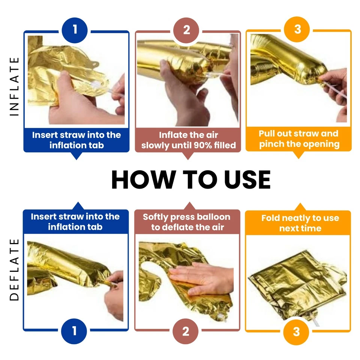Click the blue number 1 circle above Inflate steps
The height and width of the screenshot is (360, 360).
[x=75, y=30]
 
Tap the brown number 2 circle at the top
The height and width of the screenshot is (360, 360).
[x=186, y=30]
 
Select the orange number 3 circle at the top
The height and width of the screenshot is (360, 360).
[x=297, y=29]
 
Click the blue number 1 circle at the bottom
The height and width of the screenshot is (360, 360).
[x=74, y=331]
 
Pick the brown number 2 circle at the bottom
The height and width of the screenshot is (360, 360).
[x=186, y=331]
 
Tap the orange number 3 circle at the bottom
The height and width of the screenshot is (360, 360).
[x=296, y=332]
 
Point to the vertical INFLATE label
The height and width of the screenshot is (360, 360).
[x=14, y=87]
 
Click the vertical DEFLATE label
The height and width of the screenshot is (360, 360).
[x=14, y=270]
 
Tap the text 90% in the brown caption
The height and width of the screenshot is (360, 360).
[x=203, y=145]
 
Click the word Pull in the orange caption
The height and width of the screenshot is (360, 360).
[x=266, y=133]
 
